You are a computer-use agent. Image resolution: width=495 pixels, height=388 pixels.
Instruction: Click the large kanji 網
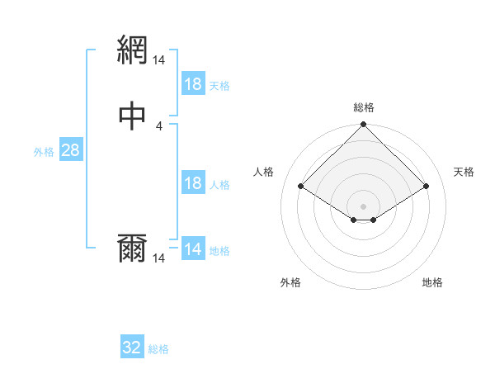point(134,51)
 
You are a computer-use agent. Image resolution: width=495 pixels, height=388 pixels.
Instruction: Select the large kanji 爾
point(134,248)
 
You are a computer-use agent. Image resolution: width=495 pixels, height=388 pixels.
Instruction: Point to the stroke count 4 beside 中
point(159,125)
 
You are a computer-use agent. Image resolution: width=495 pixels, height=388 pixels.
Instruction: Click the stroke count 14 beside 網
point(159,60)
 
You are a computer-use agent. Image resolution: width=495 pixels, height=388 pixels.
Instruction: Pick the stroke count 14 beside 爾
point(159,258)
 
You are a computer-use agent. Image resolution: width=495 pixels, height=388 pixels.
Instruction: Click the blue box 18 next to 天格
point(193,84)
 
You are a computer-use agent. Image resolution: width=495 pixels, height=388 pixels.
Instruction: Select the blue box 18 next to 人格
point(193,183)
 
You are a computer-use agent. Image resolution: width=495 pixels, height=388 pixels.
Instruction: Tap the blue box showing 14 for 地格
point(193,249)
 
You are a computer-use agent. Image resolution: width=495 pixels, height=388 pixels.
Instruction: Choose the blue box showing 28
point(70,150)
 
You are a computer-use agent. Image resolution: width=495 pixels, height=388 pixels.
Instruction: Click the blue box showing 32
point(132,348)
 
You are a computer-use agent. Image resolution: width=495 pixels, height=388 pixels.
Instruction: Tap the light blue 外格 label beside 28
point(44,152)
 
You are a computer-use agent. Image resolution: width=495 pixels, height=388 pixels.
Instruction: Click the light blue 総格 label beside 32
point(158,349)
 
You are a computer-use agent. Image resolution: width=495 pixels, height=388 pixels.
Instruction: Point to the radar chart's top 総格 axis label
point(364,107)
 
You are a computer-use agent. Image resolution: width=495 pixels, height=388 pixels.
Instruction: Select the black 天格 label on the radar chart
point(464,172)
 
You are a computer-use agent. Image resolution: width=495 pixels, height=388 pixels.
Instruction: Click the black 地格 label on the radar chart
point(432,282)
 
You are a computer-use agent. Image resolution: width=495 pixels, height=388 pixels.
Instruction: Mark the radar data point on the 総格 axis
point(364,125)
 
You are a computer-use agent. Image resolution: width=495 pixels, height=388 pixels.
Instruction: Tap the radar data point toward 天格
point(427,186)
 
